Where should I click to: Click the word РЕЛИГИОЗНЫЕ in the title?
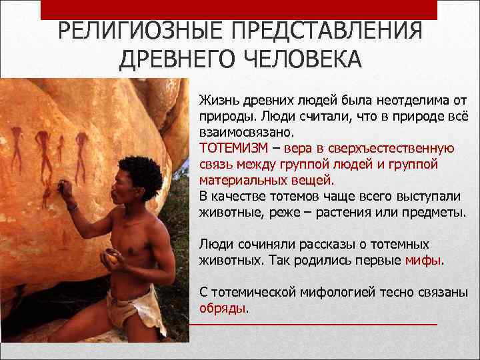[x=139, y=31]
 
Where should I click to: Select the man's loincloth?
[x=137, y=309]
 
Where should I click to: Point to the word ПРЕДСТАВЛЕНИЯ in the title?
[x=326, y=31]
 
